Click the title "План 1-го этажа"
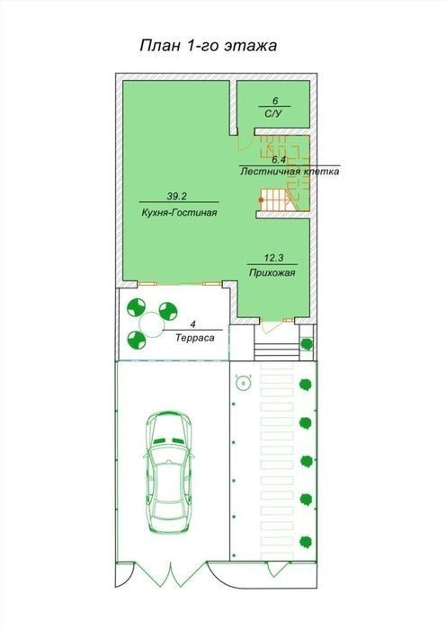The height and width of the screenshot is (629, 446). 209,46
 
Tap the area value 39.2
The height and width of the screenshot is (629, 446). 177,196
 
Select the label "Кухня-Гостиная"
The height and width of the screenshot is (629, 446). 180,213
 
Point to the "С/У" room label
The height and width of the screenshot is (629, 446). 273,114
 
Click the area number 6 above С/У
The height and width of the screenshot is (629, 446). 275,101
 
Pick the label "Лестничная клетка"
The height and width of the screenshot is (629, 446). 290,172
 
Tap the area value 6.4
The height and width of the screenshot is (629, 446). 279,160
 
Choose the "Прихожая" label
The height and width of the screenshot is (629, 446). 272,273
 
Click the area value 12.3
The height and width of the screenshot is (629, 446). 273,258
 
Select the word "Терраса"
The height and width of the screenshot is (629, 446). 195,338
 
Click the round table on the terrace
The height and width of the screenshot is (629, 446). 151,324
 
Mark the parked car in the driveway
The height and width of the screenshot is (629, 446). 169,473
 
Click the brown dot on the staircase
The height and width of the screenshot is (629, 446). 262,199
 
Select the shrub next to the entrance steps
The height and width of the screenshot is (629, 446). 308,344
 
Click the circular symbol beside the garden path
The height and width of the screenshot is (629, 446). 244,384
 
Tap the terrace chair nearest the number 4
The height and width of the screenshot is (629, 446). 168,311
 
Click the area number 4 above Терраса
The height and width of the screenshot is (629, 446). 193,324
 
